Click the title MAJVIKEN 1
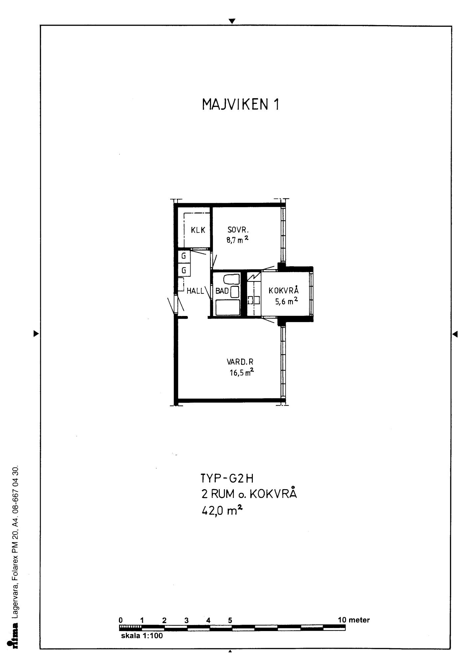pyautogui.click(x=240, y=105)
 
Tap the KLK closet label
pyautogui.click(x=198, y=230)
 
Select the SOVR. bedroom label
pyautogui.click(x=238, y=230)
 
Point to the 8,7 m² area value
pyautogui.click(x=237, y=240)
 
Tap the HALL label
pyautogui.click(x=195, y=291)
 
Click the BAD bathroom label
pyautogui.click(x=222, y=291)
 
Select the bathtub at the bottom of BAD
pyautogui.click(x=228, y=307)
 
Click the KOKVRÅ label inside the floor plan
pyautogui.click(x=284, y=290)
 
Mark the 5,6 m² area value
pyautogui.click(x=286, y=302)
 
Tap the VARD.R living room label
pyautogui.click(x=240, y=362)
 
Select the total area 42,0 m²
pyautogui.click(x=222, y=510)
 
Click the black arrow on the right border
pyautogui.click(x=455, y=334)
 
